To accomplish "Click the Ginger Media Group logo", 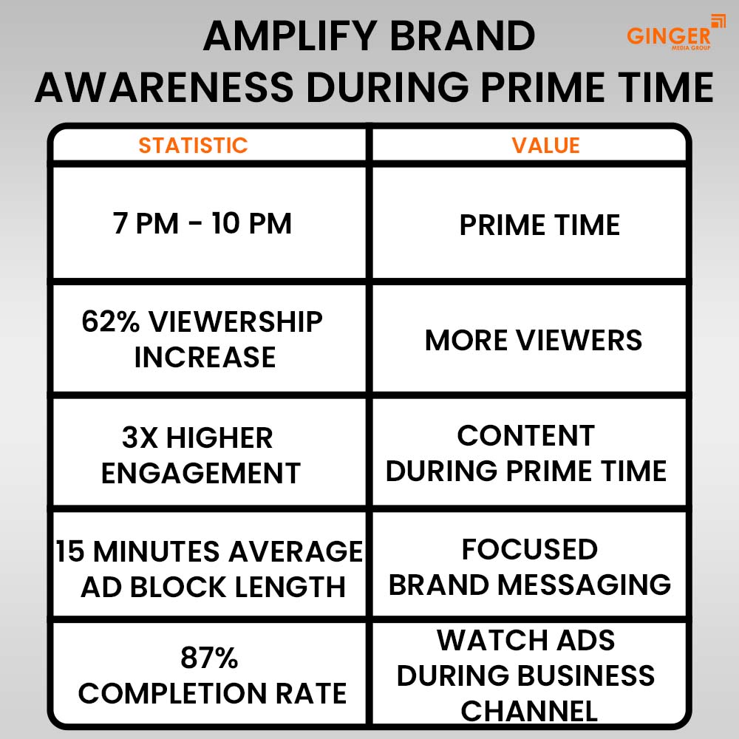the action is (x=675, y=33).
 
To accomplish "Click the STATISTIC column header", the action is (x=193, y=145).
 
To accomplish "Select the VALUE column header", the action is (x=546, y=145).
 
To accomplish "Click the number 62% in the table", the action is (x=111, y=321).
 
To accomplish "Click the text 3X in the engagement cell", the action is (x=140, y=437).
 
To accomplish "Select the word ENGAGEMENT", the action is (x=201, y=473).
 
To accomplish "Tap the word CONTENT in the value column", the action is (x=526, y=435).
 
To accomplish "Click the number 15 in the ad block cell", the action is (x=70, y=551).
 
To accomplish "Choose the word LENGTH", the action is (x=290, y=587).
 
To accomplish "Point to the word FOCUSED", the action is (x=530, y=549).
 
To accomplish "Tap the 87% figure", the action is (x=209, y=658).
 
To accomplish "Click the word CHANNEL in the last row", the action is (x=529, y=711).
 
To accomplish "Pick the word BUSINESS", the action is (x=586, y=675).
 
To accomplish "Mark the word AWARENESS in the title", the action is (x=164, y=87).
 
